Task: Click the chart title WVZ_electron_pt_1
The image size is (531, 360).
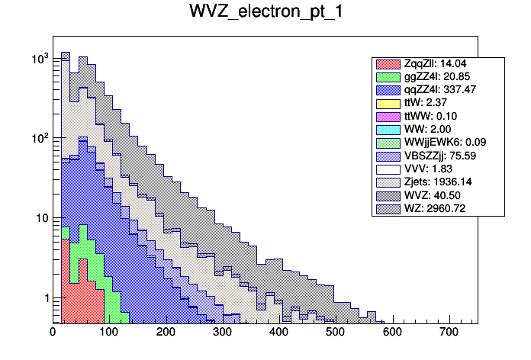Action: [265, 13]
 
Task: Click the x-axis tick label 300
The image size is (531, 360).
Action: [222, 332]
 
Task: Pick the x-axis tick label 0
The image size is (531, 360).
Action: [53, 332]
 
